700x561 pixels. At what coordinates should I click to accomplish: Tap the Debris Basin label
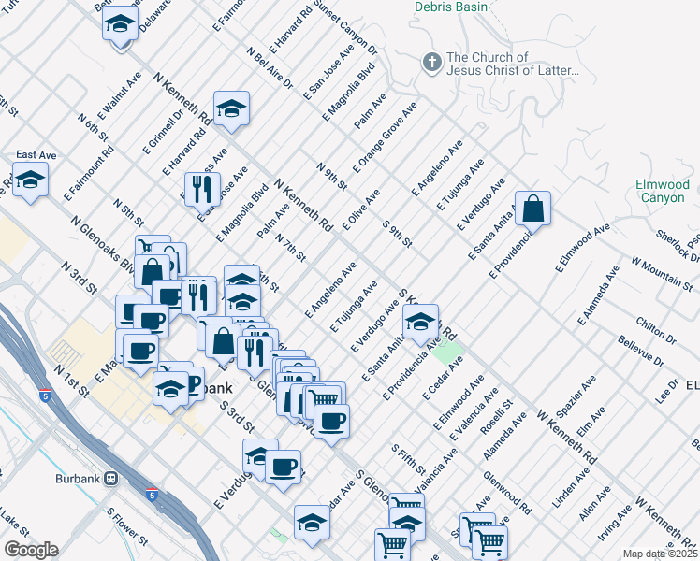click(x=448, y=6)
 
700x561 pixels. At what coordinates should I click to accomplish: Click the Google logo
click(x=31, y=550)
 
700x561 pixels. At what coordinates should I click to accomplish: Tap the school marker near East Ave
click(x=30, y=180)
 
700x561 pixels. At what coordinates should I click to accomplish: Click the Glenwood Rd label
click(x=506, y=492)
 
